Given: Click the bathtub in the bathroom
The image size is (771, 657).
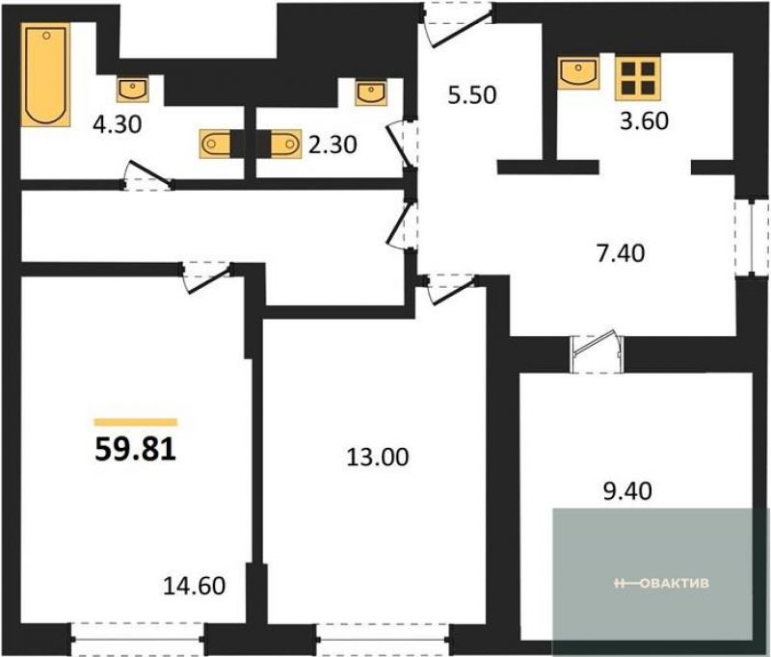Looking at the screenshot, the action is point(45,75).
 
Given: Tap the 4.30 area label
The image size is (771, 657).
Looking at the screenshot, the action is point(118,124).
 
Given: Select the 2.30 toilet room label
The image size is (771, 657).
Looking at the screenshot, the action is point(332,145).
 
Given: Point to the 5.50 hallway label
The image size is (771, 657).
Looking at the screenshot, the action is point(472,94).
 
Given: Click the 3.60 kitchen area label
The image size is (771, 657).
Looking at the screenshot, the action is point(644,120).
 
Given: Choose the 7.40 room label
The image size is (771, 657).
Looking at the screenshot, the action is point(621,253).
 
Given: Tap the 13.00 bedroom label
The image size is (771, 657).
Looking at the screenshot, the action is point(378,457).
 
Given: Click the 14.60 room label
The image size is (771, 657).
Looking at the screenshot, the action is point(195,586).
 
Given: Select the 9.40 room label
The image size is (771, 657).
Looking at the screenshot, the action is point(628,490).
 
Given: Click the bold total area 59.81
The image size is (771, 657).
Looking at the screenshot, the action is point(136,449).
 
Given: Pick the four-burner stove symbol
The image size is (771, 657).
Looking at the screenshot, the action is point(638,78).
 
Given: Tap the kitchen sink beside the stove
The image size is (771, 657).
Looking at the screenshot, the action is point(578,72).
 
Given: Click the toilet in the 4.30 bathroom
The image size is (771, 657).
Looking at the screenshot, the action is point(215,144).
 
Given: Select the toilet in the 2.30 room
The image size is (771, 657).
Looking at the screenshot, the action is point(285,144).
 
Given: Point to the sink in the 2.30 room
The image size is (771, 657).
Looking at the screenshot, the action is point(370,92).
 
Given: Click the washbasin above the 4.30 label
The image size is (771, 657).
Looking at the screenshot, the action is point(133,89).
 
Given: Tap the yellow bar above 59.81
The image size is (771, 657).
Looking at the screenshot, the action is point(136,422).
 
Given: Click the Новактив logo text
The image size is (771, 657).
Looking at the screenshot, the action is point(662,583).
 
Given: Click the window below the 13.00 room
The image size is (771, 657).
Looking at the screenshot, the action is point(383,640).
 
